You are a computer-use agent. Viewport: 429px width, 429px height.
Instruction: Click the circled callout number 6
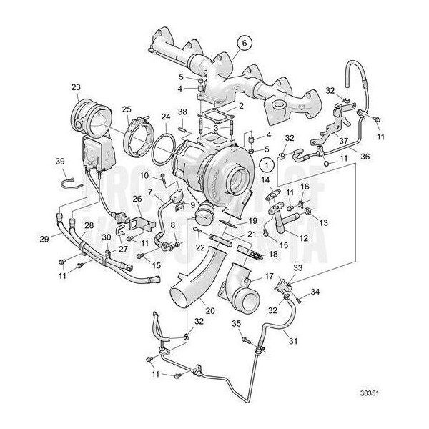click(x=243, y=42)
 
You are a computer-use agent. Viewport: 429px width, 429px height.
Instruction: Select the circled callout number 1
click(x=266, y=164)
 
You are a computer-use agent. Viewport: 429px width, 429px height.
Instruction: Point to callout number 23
click(x=76, y=89)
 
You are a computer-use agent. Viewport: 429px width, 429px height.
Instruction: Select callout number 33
click(x=297, y=268)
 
